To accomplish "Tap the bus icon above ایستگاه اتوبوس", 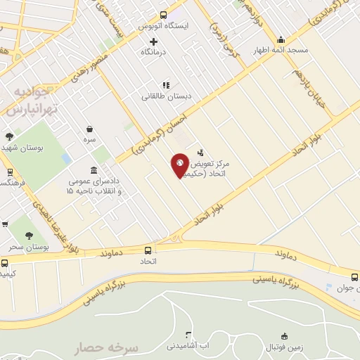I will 164,15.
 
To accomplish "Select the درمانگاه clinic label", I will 154,53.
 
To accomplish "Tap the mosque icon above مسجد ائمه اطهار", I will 281,39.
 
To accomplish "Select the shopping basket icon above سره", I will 90,129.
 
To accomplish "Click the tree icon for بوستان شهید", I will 9,136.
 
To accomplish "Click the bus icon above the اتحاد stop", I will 148,250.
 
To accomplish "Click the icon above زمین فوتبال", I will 284,335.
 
